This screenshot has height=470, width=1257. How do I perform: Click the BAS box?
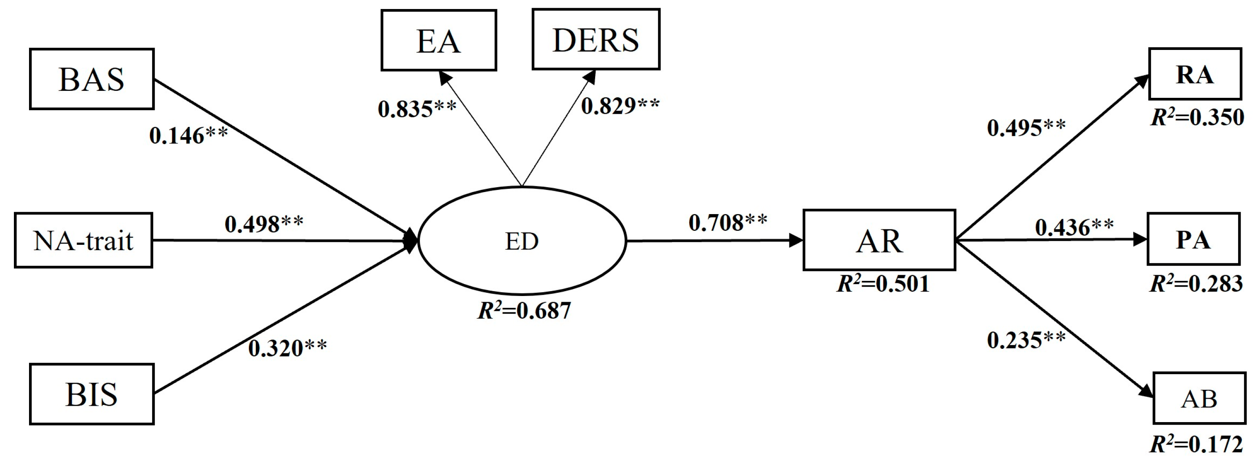pos(92,79)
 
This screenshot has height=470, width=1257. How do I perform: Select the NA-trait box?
pos(83,240)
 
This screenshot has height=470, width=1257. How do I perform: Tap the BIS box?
pos(92,394)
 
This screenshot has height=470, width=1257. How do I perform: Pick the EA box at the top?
pos(438,41)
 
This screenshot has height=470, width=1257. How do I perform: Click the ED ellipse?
pos(522,241)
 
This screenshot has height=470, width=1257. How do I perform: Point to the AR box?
pos(879,240)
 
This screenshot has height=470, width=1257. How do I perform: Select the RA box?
pos(1194,74)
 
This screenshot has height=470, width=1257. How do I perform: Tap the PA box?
pos(1193,240)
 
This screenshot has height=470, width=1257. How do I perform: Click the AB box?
pos(1199,399)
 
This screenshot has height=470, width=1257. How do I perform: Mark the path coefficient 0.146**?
pos(188,136)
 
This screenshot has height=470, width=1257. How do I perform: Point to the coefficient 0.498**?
pos(264,224)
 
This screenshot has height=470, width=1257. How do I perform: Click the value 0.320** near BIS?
pos(287,348)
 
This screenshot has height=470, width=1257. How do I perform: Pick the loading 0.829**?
pos(620,106)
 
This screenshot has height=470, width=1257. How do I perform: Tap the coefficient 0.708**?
pos(728,223)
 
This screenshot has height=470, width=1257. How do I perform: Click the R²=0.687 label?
pos(524,311)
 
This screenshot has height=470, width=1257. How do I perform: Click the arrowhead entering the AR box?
pos(796,240)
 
